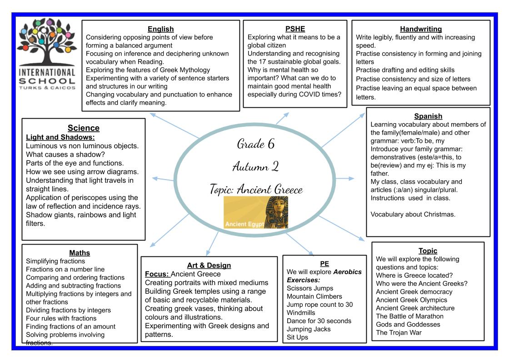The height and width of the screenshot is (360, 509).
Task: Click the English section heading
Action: [x=161, y=29]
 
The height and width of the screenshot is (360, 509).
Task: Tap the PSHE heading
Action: [x=295, y=29]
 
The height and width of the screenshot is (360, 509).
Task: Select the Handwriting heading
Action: [x=421, y=29]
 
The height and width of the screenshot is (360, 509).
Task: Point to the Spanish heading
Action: [x=428, y=116]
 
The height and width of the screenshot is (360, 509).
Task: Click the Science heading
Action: [x=84, y=128]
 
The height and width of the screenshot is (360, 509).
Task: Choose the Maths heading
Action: [x=80, y=253]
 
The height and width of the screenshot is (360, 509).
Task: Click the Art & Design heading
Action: [x=209, y=265]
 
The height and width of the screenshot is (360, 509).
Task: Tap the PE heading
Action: [x=324, y=264]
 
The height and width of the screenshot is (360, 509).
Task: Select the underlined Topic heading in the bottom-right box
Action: [x=428, y=250]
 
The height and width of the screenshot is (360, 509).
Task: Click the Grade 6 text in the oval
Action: [x=256, y=144]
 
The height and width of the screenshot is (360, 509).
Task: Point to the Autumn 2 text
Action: [x=255, y=166]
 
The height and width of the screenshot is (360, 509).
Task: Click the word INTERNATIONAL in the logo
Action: [x=47, y=72]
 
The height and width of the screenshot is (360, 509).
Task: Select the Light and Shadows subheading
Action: [x=60, y=137]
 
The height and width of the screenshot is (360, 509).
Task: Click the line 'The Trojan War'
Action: [x=399, y=332]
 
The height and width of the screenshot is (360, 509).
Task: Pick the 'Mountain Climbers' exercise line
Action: [x=314, y=296]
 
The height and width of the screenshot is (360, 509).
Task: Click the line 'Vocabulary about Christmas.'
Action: [x=413, y=214]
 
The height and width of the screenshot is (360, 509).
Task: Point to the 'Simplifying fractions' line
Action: [x=55, y=261]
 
